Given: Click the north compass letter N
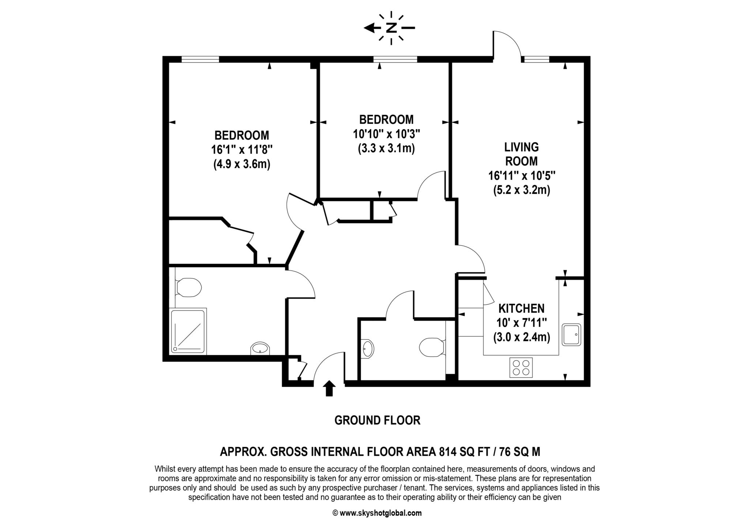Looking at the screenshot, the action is (x=391, y=28).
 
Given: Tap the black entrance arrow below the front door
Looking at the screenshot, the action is (x=330, y=388).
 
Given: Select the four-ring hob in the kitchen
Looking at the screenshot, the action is (x=521, y=367).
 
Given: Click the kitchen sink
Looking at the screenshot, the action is (x=572, y=334).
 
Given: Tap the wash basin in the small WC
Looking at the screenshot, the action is (x=368, y=348).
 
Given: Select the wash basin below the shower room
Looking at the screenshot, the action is (x=260, y=348).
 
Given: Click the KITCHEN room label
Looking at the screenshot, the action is (x=522, y=309).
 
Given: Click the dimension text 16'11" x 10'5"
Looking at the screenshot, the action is (x=522, y=176).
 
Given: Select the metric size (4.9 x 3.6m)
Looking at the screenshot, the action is (x=242, y=164).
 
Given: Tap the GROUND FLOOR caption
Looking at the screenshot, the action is (x=377, y=420).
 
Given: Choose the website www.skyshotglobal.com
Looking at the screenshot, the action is (x=380, y=513).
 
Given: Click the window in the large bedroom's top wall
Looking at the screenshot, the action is (x=200, y=59).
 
